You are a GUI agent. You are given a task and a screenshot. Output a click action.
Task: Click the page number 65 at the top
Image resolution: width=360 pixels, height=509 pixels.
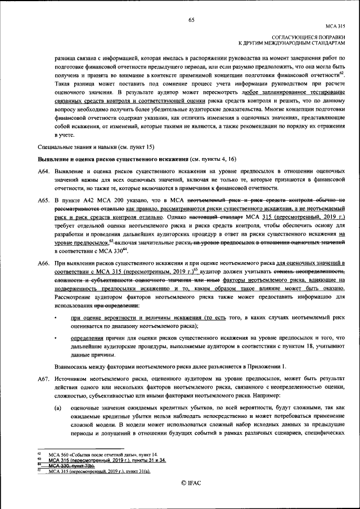[191, 20]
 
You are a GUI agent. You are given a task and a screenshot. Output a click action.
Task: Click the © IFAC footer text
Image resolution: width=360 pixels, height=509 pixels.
[191, 483]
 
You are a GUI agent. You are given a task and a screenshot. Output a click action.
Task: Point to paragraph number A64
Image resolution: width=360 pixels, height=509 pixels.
[44, 170]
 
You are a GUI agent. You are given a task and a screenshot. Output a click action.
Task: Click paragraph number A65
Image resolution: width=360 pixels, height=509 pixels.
[44, 200]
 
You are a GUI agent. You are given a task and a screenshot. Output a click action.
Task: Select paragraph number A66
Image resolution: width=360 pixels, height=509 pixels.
[44, 263]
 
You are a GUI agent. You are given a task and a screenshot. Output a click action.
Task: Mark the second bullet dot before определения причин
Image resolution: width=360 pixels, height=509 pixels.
[56, 338]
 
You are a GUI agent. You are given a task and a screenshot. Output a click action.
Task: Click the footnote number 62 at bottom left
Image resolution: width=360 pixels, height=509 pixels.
[39, 453]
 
